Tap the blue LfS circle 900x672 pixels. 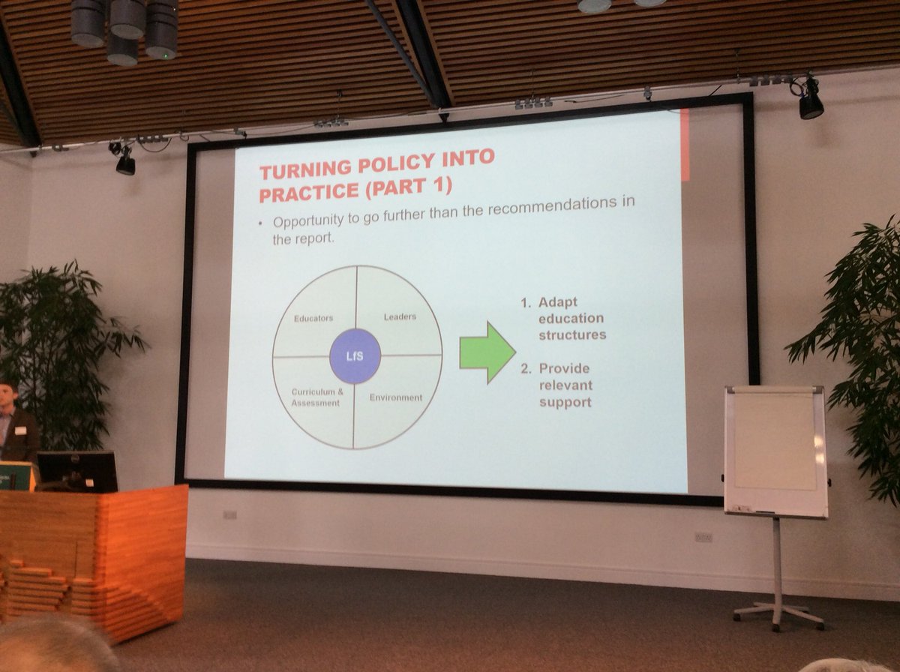355,355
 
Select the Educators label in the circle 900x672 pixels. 313,318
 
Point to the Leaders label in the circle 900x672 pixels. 399,316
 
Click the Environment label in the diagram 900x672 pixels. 395,397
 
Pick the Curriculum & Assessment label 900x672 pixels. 316,397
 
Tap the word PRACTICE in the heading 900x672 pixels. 307,193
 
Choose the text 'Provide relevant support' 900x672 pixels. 565,385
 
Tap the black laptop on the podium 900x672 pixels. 77,471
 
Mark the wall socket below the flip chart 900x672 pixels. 703,537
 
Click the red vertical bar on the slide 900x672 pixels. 684,145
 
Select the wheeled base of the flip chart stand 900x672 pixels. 778,613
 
